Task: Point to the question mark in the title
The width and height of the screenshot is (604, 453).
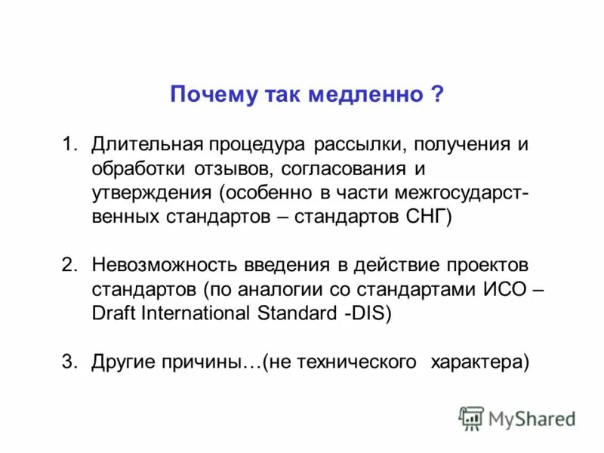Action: [x=438, y=95]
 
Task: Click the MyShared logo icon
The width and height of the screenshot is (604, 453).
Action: [x=472, y=418]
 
